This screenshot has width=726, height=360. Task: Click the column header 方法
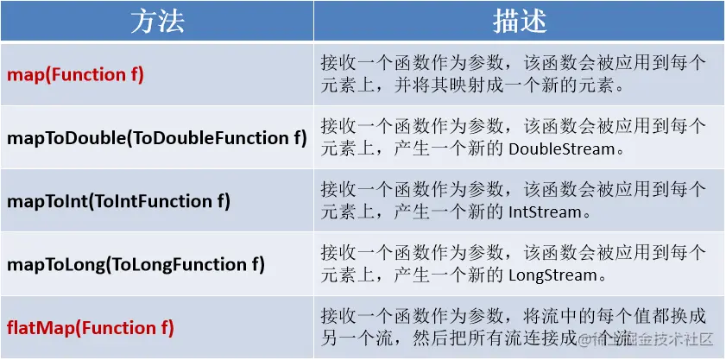pyautogui.click(x=157, y=22)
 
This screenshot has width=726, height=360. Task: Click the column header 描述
pyautogui.click(x=520, y=22)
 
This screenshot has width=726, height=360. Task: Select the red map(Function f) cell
pyautogui.click(x=76, y=74)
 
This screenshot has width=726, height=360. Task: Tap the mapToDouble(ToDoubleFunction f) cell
pyautogui.click(x=157, y=138)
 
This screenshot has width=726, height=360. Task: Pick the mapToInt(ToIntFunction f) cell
pyautogui.click(x=118, y=201)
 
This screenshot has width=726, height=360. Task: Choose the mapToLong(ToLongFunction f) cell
pyautogui.click(x=136, y=264)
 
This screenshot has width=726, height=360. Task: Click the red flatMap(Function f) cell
pyautogui.click(x=91, y=328)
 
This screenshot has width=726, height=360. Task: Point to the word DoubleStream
pyautogui.click(x=562, y=149)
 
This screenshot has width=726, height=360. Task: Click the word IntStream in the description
pyautogui.click(x=545, y=212)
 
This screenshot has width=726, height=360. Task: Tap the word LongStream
pyautogui.click(x=552, y=275)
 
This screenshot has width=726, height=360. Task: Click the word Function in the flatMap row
pyautogui.click(x=118, y=328)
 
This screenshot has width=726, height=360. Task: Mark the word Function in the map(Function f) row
pyautogui.click(x=89, y=74)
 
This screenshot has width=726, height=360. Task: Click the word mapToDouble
pyautogui.click(x=66, y=138)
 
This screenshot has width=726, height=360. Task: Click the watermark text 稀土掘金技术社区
pyautogui.click(x=647, y=339)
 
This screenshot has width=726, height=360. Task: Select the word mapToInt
pyautogui.click(x=47, y=201)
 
